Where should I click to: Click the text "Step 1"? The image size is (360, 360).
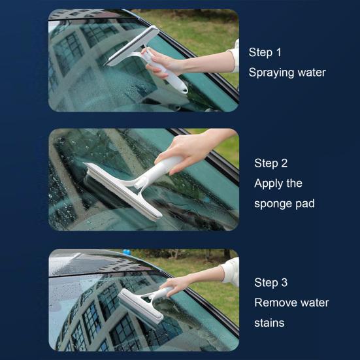coord(265,52)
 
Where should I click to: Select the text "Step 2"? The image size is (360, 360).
coord(270,163)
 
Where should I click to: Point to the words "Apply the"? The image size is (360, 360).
coord(278,184)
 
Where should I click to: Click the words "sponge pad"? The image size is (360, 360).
coord(284,204)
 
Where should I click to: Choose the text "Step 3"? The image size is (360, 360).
coord(270,283)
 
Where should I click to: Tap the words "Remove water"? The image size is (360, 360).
coord(291,303)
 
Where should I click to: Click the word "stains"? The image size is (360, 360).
coord(269,323)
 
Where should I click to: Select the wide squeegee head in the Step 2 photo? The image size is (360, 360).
coord(123,191)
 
